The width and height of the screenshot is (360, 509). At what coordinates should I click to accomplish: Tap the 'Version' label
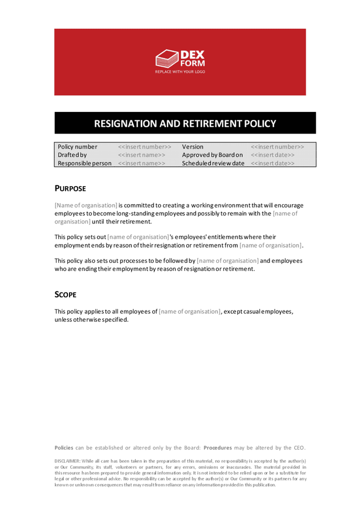(192, 147)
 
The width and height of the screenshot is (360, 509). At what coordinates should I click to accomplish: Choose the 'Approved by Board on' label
(212, 155)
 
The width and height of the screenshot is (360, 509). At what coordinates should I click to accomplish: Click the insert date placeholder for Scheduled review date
(273, 163)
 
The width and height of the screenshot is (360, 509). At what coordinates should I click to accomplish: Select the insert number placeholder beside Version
(277, 147)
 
